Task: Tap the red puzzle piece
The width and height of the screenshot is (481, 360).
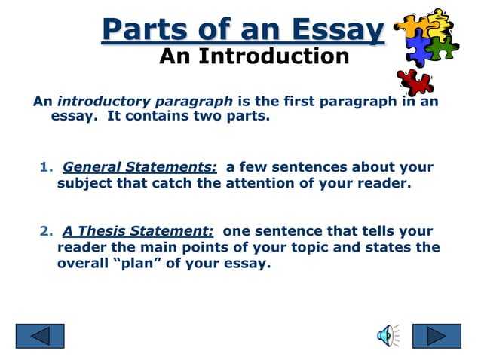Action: click(x=415, y=81)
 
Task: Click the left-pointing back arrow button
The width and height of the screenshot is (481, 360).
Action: click(x=40, y=335)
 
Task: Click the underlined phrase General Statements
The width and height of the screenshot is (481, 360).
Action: click(x=140, y=167)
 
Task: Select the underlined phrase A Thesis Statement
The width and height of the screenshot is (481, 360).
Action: click(x=139, y=232)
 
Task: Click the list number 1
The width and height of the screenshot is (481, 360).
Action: click(x=44, y=167)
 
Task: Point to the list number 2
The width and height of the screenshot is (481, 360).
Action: click(x=44, y=232)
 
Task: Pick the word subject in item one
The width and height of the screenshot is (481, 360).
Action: click(x=83, y=183)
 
